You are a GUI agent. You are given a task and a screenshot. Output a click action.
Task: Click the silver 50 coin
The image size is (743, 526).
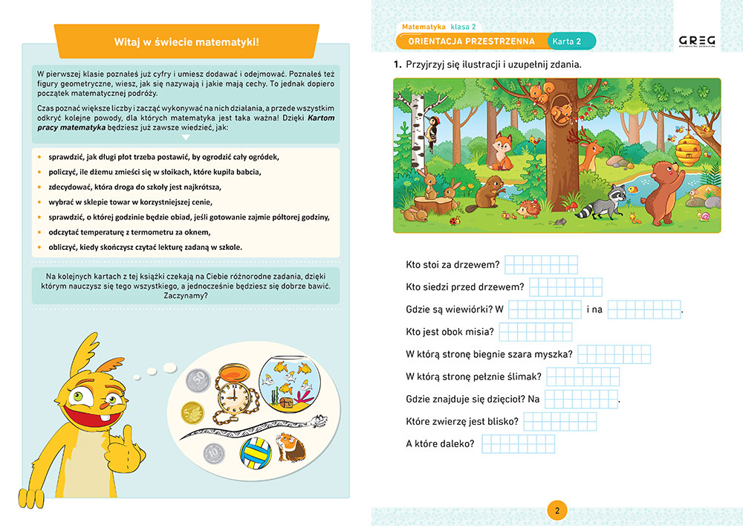(199, 380)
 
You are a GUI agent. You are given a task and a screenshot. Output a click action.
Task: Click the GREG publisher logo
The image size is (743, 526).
(697, 42)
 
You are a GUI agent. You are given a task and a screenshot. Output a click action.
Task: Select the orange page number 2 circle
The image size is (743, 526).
(557, 510)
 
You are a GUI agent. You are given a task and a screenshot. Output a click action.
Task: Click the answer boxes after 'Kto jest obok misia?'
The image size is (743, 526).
(535, 332)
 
